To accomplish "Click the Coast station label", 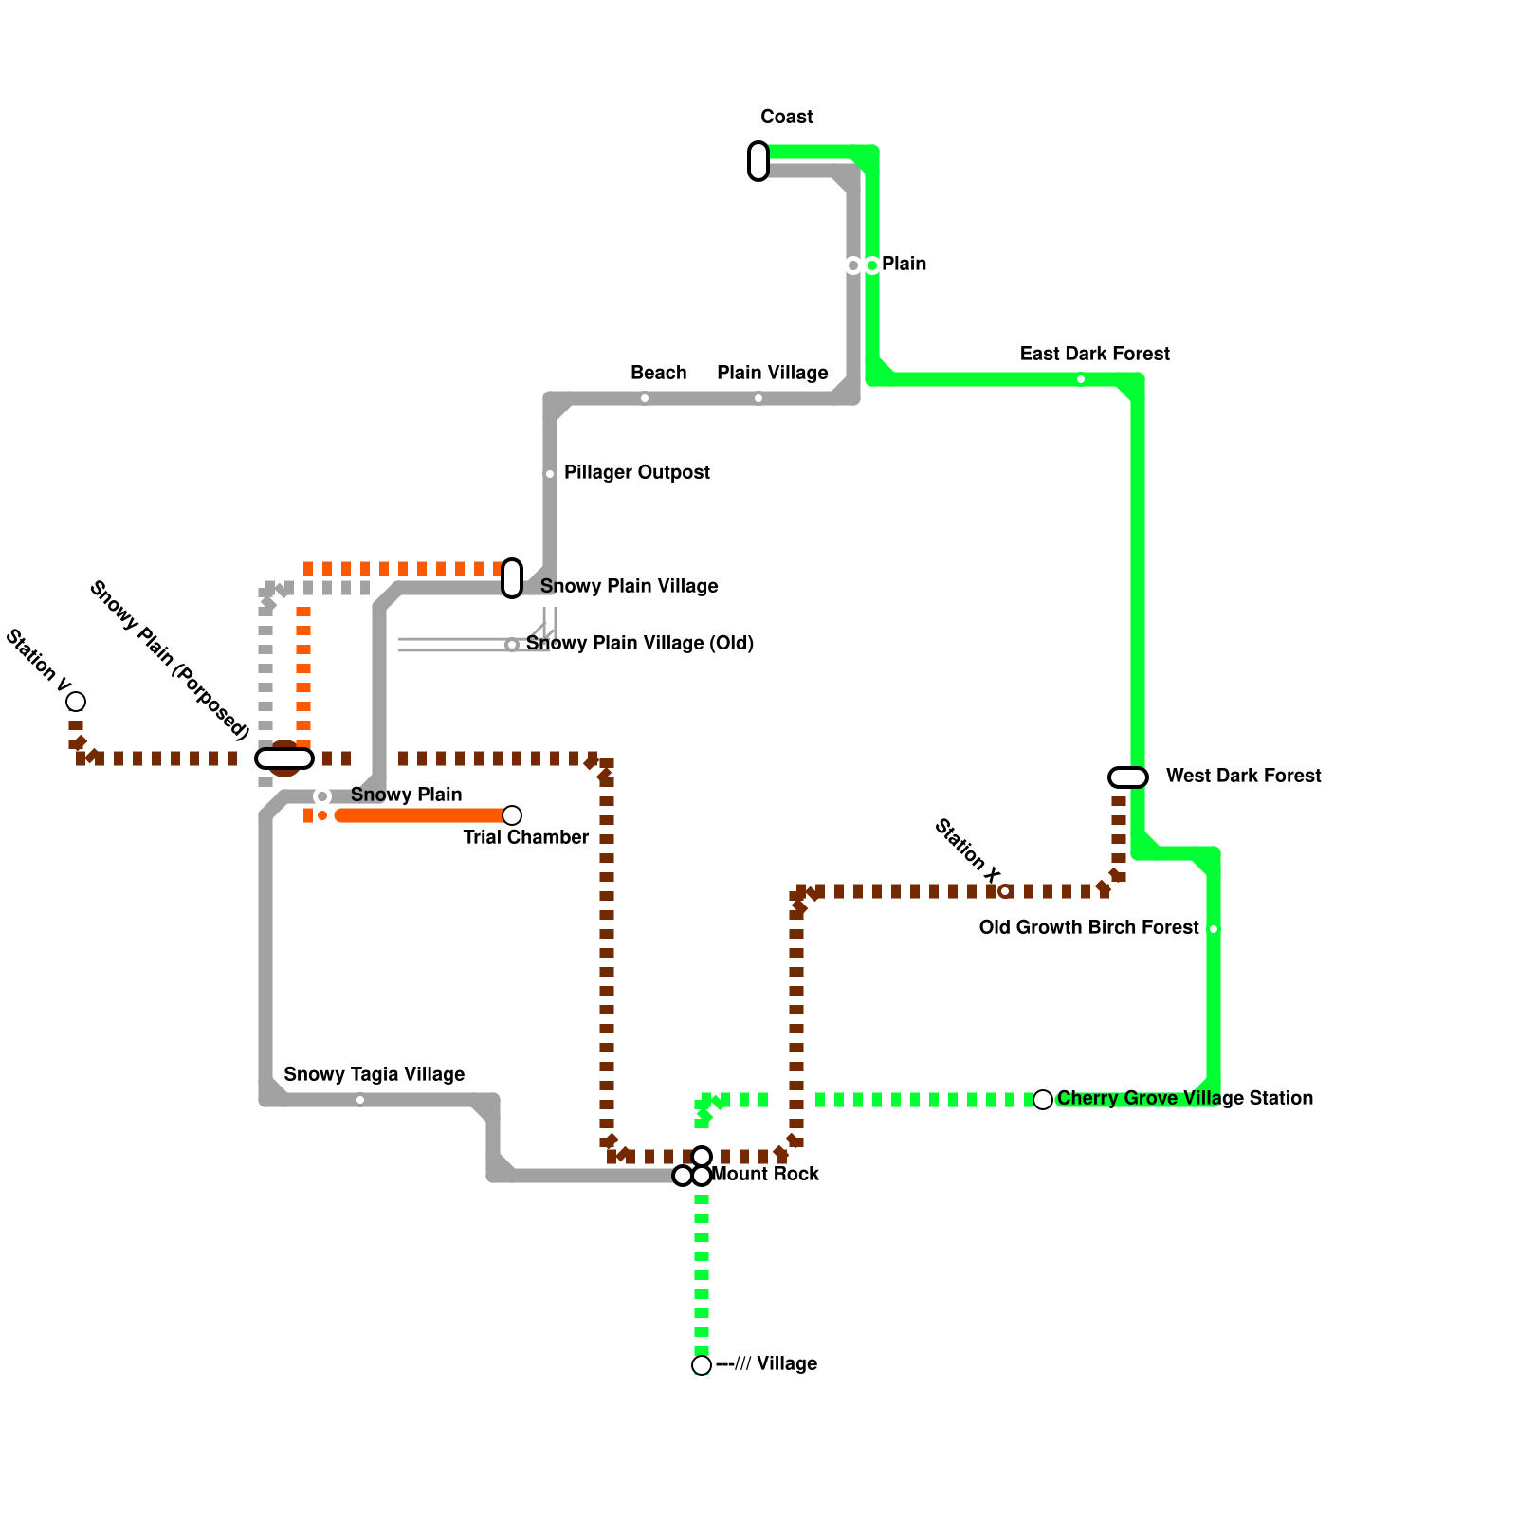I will pos(786,117).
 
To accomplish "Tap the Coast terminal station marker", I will pos(758,161).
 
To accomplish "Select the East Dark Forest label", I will pos(1094,354).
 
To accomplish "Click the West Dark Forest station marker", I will pos(1128,777).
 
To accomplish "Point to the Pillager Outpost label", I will pos(636,472).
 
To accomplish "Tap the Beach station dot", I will pos(645,398).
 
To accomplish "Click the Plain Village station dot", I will pos(758,398).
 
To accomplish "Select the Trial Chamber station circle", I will pos(512,815).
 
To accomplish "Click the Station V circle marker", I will pos(76,702).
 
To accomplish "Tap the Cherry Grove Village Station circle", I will pos(1043,1100).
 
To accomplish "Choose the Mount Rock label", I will pos(765,1174).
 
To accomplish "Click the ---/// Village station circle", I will pos(702,1365).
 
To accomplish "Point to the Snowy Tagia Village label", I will pos(374,1074).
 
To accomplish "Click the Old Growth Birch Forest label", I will pos(1088,927).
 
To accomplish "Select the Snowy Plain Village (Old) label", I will pos(640,643).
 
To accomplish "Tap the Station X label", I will pos(967,850).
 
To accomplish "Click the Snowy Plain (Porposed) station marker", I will pos(284,758).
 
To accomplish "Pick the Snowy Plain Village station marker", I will pos(512,578).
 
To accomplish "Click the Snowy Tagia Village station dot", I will pos(360,1100).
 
